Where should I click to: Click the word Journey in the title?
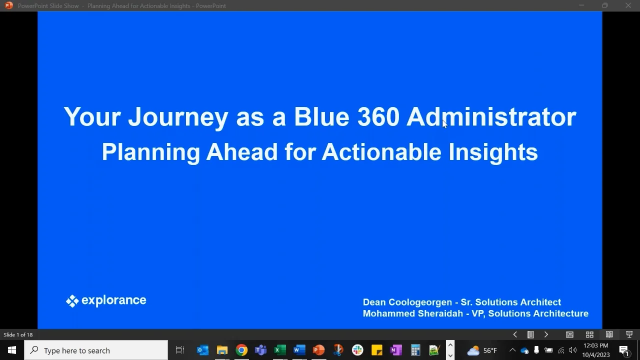pos(178,117)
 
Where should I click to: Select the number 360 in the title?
pos(378,117)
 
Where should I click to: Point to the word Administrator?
pos(491,117)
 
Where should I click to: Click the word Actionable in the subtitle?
pos(381,152)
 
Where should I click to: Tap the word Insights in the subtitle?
pos(493,152)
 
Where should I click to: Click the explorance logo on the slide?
pos(106,300)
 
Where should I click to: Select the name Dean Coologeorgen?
pos(407,302)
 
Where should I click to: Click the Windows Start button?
pos(12,350)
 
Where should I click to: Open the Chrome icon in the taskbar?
pos(241,350)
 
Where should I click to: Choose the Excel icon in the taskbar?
pos(280,350)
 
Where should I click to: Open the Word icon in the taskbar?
pos(299,350)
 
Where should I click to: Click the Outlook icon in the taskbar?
pos(202,350)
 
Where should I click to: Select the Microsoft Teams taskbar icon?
pos(260,350)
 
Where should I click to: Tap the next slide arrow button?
pos(546,334)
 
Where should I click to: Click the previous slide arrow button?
pos(515,334)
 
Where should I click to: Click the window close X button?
pos(628,5)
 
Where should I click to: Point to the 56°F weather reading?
pos(490,350)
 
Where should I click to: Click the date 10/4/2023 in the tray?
pos(596,355)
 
